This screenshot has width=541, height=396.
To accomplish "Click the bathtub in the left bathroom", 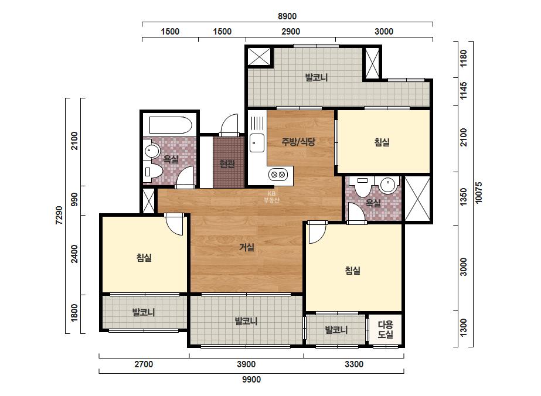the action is coord(171,125).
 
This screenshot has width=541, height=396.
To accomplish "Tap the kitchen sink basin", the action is coord(257,143).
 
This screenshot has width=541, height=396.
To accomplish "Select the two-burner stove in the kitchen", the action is coord(278,174).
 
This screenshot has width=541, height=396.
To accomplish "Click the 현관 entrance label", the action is coord(227,164).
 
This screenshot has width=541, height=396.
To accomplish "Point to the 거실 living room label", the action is coord(247,247).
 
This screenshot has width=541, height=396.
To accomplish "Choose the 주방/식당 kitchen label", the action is coord(298,141).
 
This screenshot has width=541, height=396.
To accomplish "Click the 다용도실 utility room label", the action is coord(386,329).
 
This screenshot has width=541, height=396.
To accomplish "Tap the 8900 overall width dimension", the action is coord(287,16).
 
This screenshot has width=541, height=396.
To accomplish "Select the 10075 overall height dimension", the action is coord(478,193).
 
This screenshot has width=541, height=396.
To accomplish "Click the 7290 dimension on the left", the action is coord(59,216).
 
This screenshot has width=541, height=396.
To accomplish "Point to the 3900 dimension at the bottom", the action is coord(246,364).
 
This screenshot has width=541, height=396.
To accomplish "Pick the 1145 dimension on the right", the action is coord(464,91).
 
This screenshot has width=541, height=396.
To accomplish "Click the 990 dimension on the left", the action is coord(74,200).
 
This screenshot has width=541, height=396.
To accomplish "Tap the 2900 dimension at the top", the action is coord(291,32).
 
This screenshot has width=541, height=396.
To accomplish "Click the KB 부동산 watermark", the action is coord(271,197).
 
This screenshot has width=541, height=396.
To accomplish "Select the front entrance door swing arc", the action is coord(229,124).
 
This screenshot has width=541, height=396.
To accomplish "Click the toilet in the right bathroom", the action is coord(362,187).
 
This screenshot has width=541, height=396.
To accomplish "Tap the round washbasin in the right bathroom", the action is coord(387,185).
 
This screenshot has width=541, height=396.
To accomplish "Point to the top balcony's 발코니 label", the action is coord(316,77).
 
